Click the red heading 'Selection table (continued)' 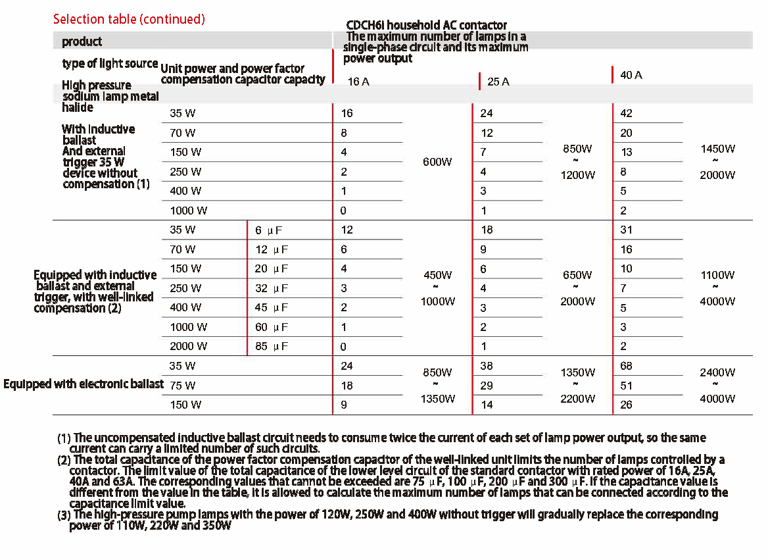(129, 19)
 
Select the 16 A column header (358, 82)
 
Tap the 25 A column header (498, 82)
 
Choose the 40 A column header (631, 75)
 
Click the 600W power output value (437, 162)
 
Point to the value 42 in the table (627, 113)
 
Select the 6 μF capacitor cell (268, 230)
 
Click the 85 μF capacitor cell (272, 346)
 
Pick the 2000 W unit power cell (189, 346)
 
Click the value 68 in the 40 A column (627, 366)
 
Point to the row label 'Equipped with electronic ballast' (84, 384)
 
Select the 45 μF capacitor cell (272, 307)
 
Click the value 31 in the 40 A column (626, 230)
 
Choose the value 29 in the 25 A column (487, 386)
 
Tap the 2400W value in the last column (717, 372)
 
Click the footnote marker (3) (64, 515)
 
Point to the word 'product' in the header (82, 41)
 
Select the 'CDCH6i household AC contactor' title (427, 25)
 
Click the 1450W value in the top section (717, 149)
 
